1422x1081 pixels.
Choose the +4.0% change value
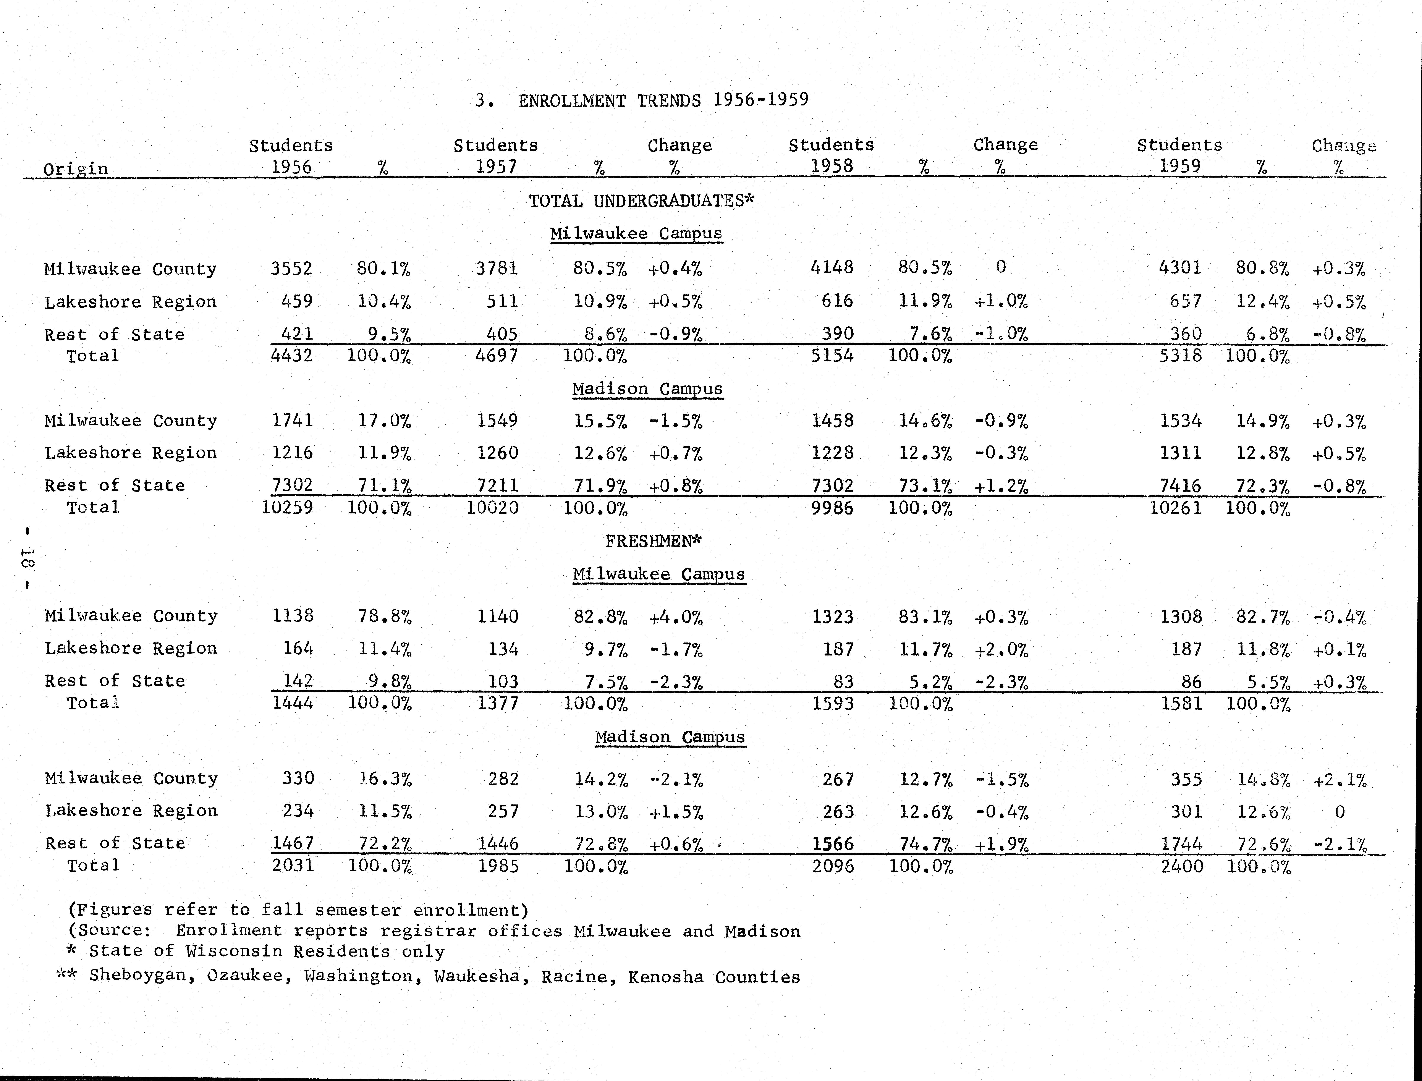click(675, 618)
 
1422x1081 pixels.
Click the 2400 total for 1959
click(1181, 866)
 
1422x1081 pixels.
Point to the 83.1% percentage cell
click(925, 617)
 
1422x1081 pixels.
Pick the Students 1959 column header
click(1179, 155)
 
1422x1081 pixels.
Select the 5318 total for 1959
click(1180, 355)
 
